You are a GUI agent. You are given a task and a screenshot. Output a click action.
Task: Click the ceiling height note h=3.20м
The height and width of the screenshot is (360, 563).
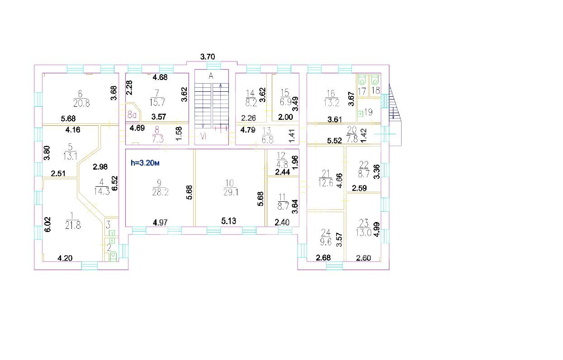[145, 163]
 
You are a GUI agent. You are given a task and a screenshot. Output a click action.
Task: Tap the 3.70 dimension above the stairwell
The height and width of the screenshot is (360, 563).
[208, 57]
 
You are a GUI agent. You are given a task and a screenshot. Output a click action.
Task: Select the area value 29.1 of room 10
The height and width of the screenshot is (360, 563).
[231, 192]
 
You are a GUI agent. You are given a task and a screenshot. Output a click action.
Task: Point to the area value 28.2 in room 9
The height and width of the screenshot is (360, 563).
[161, 192]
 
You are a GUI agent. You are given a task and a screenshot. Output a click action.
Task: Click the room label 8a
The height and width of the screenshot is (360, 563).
[132, 114]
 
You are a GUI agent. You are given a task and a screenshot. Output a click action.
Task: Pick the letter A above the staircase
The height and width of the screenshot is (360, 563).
[211, 76]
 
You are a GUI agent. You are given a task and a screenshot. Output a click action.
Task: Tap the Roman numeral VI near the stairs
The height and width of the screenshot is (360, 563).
[203, 136]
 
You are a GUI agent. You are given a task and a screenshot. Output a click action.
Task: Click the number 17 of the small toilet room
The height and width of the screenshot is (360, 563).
[362, 91]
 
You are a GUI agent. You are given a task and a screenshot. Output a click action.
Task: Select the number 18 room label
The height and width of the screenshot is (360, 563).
[375, 90]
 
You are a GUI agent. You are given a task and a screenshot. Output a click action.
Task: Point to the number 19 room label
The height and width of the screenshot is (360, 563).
[368, 112]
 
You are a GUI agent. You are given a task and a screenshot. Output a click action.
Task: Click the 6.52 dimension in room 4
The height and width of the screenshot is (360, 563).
[114, 183]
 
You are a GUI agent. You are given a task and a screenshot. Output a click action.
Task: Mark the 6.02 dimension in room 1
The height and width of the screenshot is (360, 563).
[48, 224]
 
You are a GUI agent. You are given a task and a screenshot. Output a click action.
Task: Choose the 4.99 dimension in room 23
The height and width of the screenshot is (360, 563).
[377, 230]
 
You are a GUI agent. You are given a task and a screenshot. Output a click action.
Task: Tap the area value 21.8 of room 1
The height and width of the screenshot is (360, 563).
[73, 225]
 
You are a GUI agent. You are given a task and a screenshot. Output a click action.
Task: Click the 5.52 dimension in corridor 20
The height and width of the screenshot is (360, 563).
[335, 141]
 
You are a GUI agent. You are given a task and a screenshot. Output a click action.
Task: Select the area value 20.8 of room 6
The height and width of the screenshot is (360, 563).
[81, 103]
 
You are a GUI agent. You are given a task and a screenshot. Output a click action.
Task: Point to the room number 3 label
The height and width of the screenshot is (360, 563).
[108, 224]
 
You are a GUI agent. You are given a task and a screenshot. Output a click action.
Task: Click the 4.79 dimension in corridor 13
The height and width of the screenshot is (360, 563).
[248, 130]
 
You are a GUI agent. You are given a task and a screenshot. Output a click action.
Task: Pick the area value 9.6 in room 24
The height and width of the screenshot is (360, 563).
[326, 242]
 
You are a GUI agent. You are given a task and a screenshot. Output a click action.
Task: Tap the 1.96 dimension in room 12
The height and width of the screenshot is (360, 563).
[295, 162]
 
